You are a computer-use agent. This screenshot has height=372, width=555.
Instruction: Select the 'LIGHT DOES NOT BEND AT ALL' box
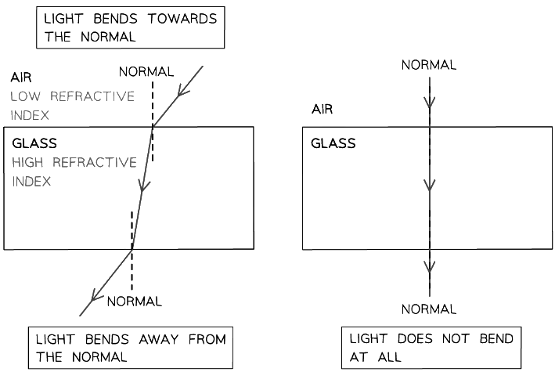tap(431, 347)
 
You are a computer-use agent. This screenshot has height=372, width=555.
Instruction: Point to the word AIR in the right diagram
tap(322, 110)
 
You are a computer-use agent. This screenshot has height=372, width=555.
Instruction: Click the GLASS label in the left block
tap(34, 144)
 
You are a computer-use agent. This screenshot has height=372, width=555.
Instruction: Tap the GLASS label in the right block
tap(333, 144)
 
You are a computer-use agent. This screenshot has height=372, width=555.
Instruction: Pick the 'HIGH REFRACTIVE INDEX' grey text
tap(74, 172)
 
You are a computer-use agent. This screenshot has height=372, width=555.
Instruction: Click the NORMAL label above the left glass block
tap(146, 72)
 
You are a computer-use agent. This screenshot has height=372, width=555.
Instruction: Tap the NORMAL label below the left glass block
tap(134, 302)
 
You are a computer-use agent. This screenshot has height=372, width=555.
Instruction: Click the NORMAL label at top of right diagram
tap(429, 66)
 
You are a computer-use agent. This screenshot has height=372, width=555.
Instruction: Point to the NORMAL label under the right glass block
tap(429, 310)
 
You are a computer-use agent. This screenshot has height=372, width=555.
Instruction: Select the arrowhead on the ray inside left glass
tap(142, 186)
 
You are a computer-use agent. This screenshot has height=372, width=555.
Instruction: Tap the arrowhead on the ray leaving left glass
tap(96, 295)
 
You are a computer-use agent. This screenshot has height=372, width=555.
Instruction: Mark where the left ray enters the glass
tap(153, 128)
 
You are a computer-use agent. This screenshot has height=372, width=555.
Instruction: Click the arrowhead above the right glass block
tap(429, 103)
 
